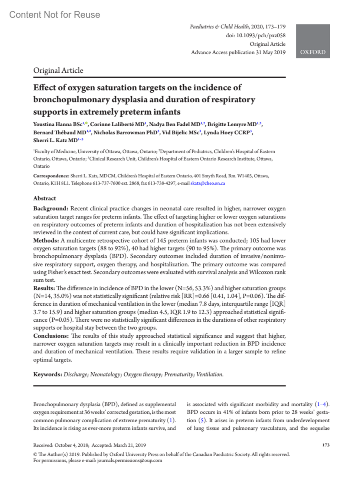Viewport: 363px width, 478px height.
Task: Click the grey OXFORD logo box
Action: (x=313, y=41)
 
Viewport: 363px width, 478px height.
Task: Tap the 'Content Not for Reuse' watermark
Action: (x=54, y=15)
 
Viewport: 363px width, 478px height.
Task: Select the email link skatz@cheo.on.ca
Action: (x=208, y=183)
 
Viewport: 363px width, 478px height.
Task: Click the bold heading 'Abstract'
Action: (x=44, y=198)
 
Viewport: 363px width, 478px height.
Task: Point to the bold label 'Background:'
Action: (x=51, y=209)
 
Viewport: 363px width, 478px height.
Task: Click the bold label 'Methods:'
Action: (x=46, y=241)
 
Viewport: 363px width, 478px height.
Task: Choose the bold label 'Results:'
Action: (x=44, y=288)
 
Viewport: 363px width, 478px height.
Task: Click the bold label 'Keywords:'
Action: (x=47, y=374)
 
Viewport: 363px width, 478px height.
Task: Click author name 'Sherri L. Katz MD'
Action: (x=55, y=141)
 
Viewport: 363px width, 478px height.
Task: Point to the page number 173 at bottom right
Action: (x=326, y=445)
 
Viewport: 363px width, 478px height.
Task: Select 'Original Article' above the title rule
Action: (x=58, y=71)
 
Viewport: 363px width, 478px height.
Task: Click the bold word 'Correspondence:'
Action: (x=51, y=176)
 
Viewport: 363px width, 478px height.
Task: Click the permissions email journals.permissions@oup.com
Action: (x=129, y=460)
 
